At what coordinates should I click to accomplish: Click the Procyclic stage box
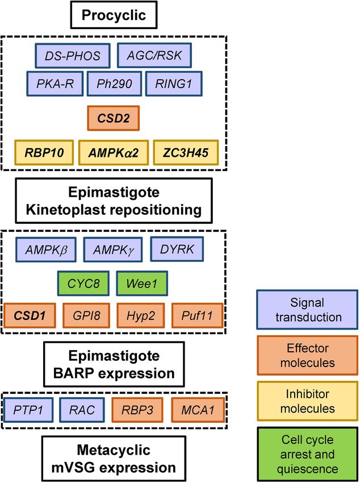point(114,15)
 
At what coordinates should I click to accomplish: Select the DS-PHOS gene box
point(73,56)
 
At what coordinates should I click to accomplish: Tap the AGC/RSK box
point(154,56)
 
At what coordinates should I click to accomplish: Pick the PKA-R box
point(55,84)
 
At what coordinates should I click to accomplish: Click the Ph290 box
point(115,84)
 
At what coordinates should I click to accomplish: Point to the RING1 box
point(174,84)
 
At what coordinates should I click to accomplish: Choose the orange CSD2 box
point(114,118)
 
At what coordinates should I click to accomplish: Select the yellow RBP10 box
point(44,152)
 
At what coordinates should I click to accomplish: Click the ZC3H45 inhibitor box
point(186,152)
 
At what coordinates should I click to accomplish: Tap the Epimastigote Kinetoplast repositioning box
point(114,201)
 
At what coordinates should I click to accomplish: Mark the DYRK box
point(177,249)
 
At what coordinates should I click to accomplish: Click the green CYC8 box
point(83,284)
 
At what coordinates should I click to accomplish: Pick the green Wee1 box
point(142,284)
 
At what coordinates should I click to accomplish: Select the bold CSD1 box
point(30,315)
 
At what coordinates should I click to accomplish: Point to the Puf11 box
point(197,315)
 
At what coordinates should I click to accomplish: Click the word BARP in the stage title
point(72,373)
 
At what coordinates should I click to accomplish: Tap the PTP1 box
point(28,410)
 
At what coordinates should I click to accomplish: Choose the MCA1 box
point(198,410)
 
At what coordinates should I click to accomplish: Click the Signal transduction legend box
point(307,310)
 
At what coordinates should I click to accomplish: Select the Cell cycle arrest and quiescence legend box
point(307,454)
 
